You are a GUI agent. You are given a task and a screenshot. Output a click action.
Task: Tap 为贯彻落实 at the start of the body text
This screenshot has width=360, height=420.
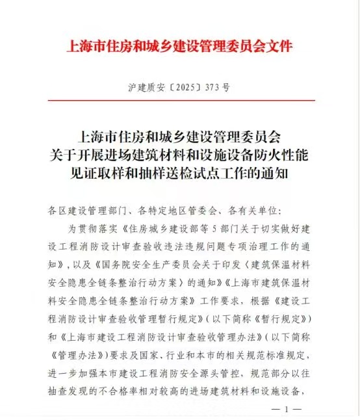[91, 229]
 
